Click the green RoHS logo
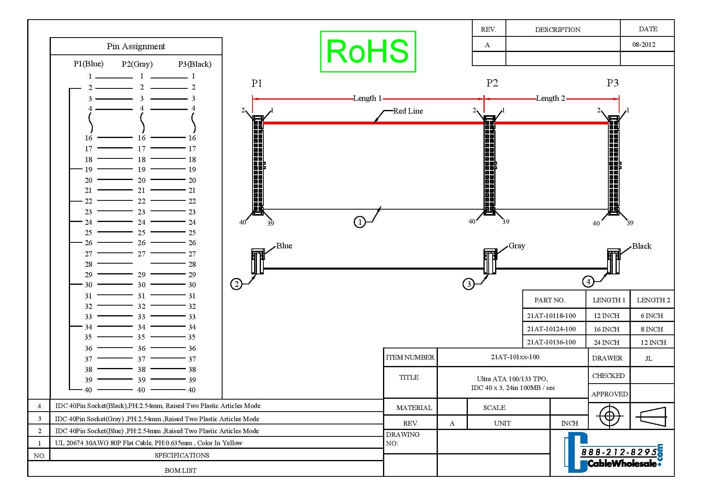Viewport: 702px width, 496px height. click(368, 52)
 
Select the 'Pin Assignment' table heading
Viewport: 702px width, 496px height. click(136, 46)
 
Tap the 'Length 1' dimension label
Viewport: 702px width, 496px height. click(367, 98)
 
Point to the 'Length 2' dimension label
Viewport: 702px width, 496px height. click(550, 98)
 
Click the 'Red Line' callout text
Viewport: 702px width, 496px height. click(408, 111)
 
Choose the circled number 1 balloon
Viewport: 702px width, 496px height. click(360, 222)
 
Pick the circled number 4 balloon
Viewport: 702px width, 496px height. click(588, 282)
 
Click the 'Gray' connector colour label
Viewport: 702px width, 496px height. click(517, 246)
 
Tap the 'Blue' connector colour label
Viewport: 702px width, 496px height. click(284, 246)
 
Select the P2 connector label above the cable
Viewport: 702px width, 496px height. click(492, 83)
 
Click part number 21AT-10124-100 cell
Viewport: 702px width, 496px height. click(551, 329)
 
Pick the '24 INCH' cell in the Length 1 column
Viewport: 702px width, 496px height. click(606, 342)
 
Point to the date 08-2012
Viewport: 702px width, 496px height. click(644, 45)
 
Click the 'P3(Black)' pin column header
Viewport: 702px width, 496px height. click(195, 64)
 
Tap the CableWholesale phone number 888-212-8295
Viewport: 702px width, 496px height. click(619, 452)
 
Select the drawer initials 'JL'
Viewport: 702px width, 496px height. click(649, 358)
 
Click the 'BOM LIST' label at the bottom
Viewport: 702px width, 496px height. click(181, 470)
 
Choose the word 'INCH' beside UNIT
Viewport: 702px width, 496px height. click(570, 423)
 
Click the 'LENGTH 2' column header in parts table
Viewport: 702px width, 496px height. click(653, 300)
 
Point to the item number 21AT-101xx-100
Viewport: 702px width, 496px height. click(515, 357)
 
